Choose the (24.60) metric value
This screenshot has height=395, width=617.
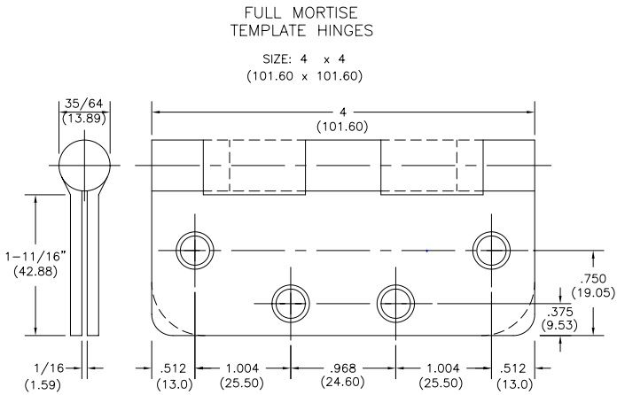click(x=341, y=383)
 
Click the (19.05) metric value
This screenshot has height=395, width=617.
click(x=589, y=291)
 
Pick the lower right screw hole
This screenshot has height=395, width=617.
click(x=393, y=301)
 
